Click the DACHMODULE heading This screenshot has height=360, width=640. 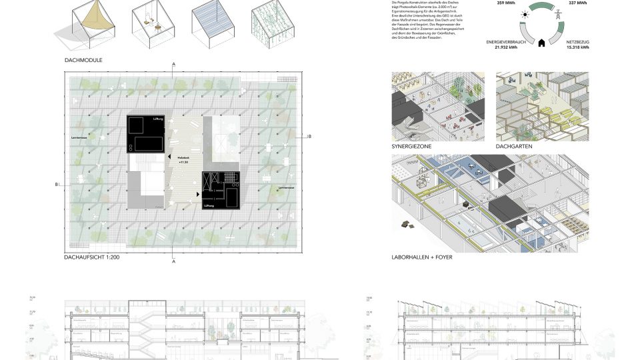(x=83, y=60)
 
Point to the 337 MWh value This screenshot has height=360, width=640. (x=577, y=3)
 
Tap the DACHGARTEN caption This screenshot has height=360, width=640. (x=515, y=146)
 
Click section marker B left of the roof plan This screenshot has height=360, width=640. (x=58, y=184)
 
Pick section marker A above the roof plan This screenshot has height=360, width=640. (x=173, y=63)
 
